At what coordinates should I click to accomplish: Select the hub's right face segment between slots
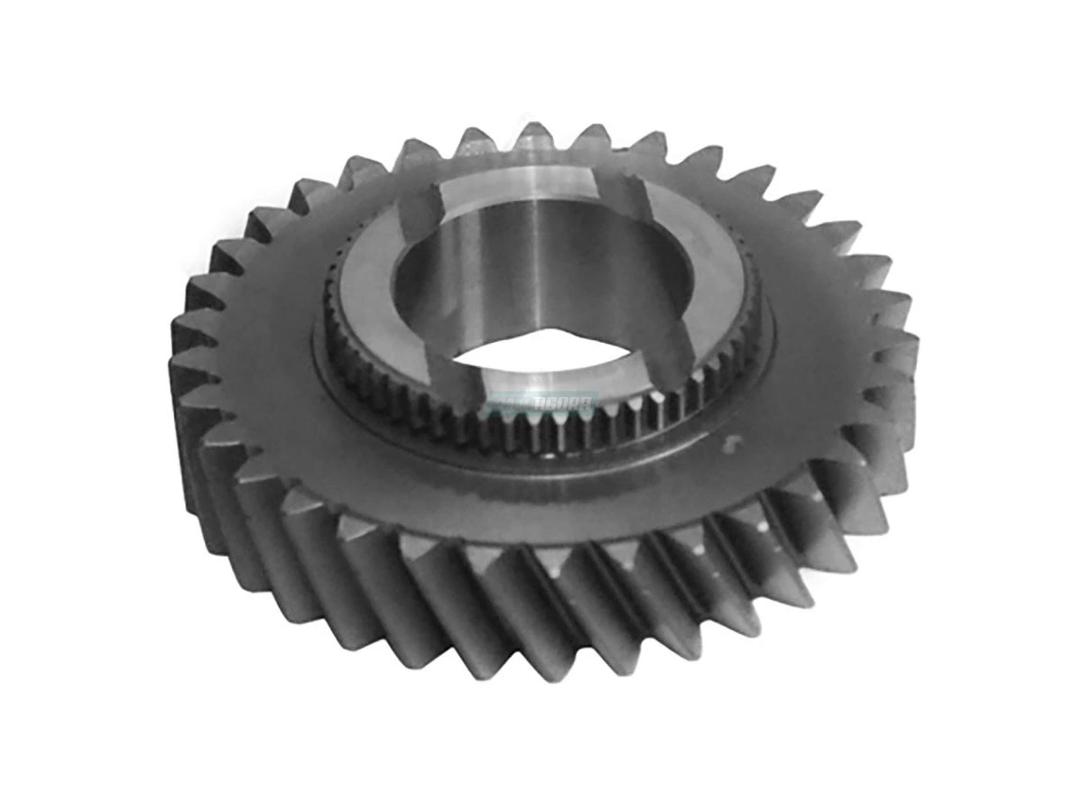point(713,262)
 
